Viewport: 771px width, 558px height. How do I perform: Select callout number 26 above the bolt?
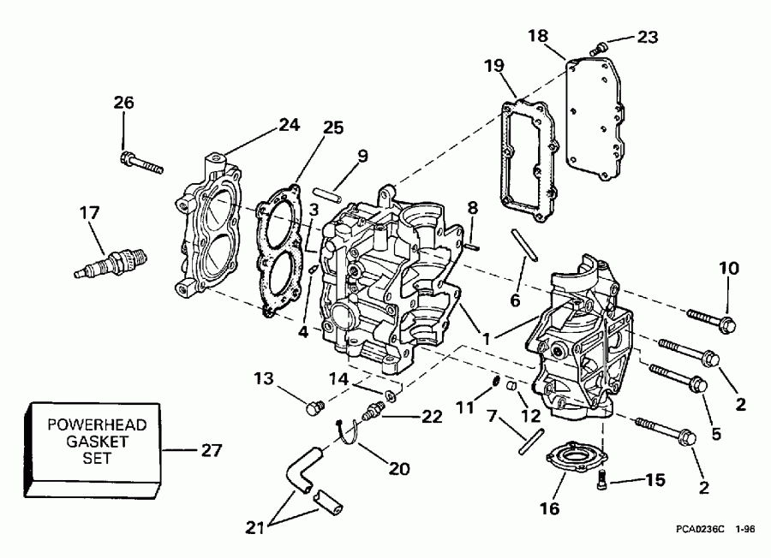124,104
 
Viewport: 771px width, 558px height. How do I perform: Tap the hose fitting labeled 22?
374,412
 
